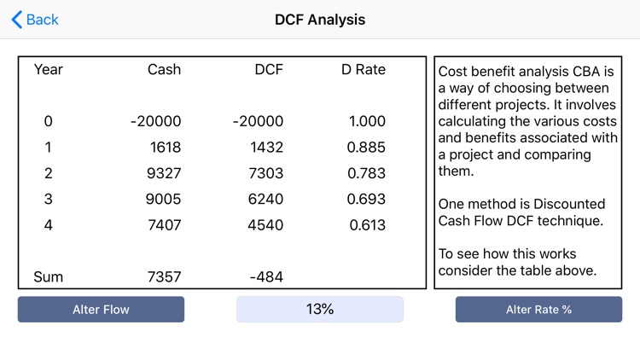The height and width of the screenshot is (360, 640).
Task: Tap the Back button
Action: [x=35, y=20]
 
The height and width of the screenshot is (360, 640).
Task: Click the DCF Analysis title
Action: [x=320, y=20]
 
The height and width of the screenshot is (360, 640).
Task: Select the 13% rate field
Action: [x=320, y=309]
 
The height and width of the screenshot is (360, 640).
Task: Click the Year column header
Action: [x=49, y=70]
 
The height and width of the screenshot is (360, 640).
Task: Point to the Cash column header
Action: [x=164, y=70]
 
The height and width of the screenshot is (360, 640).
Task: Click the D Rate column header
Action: [x=364, y=70]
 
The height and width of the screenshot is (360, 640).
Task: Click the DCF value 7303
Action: [x=265, y=173]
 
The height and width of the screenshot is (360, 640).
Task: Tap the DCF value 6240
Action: [x=265, y=199]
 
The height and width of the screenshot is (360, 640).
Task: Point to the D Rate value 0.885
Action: [x=366, y=148]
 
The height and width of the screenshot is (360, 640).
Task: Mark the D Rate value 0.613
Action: [x=367, y=225]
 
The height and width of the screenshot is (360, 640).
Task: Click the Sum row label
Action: [x=49, y=277]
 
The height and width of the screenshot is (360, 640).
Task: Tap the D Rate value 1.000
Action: [x=367, y=122]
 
